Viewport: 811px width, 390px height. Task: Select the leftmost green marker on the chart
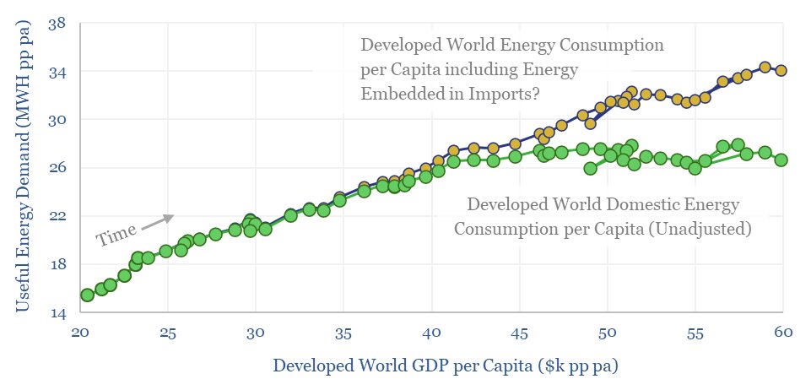click(x=87, y=295)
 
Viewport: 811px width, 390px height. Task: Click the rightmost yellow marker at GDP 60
click(x=781, y=71)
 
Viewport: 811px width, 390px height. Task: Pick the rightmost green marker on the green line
click(x=781, y=160)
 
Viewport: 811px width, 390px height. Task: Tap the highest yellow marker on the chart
click(x=765, y=67)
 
